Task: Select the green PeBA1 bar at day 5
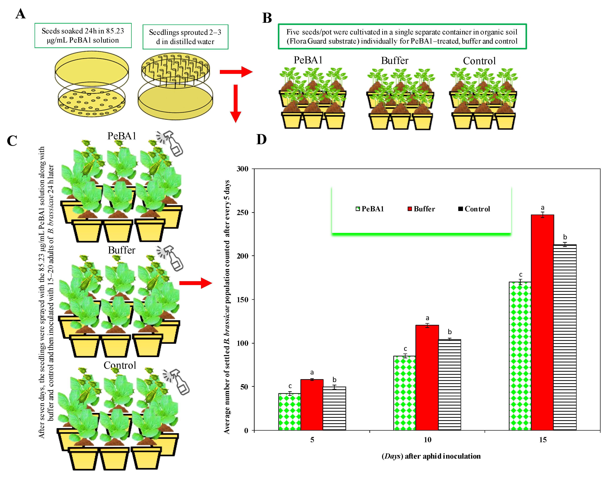pos(289,411)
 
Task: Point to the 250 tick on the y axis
pos(242,212)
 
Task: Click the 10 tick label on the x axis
pos(427,440)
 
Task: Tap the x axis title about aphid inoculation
pos(431,456)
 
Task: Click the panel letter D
pos(262,139)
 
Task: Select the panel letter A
pos(20,14)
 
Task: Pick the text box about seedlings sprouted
pos(185,37)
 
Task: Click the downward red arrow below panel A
pos(236,104)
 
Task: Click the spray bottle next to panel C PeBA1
pos(171,143)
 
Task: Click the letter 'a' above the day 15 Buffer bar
pos(542,208)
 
